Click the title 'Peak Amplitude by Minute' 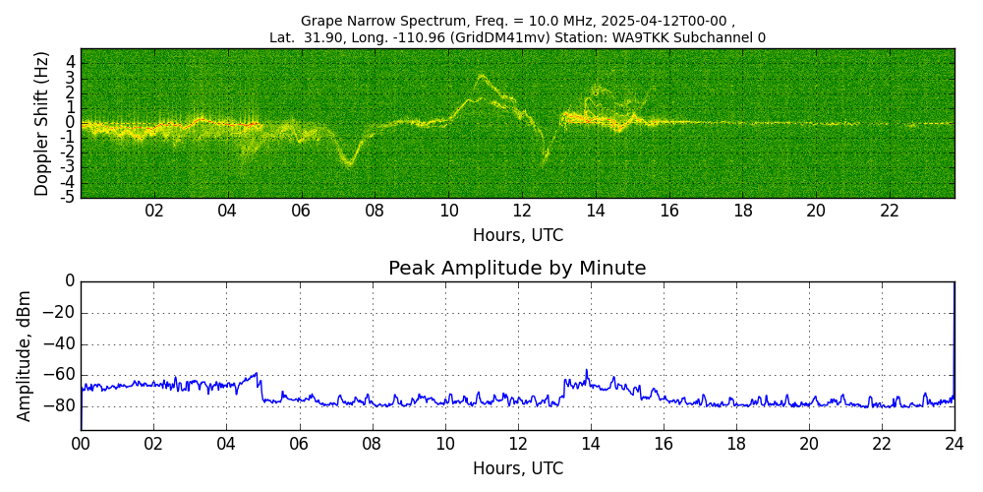pos(517,269)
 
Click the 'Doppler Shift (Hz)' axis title pos(41,123)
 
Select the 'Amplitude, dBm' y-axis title pos(25,355)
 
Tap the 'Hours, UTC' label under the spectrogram pos(517,236)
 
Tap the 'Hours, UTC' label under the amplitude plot pos(517,468)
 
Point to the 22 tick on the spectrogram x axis pos(890,212)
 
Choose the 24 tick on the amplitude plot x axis pos(954,444)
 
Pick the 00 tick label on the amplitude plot pos(81,444)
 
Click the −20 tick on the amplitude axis pos(61,313)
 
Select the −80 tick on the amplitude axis pos(61,404)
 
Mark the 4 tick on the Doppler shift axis pos(71,61)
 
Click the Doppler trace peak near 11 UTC pos(481,76)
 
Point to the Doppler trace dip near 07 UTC pos(348,163)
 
